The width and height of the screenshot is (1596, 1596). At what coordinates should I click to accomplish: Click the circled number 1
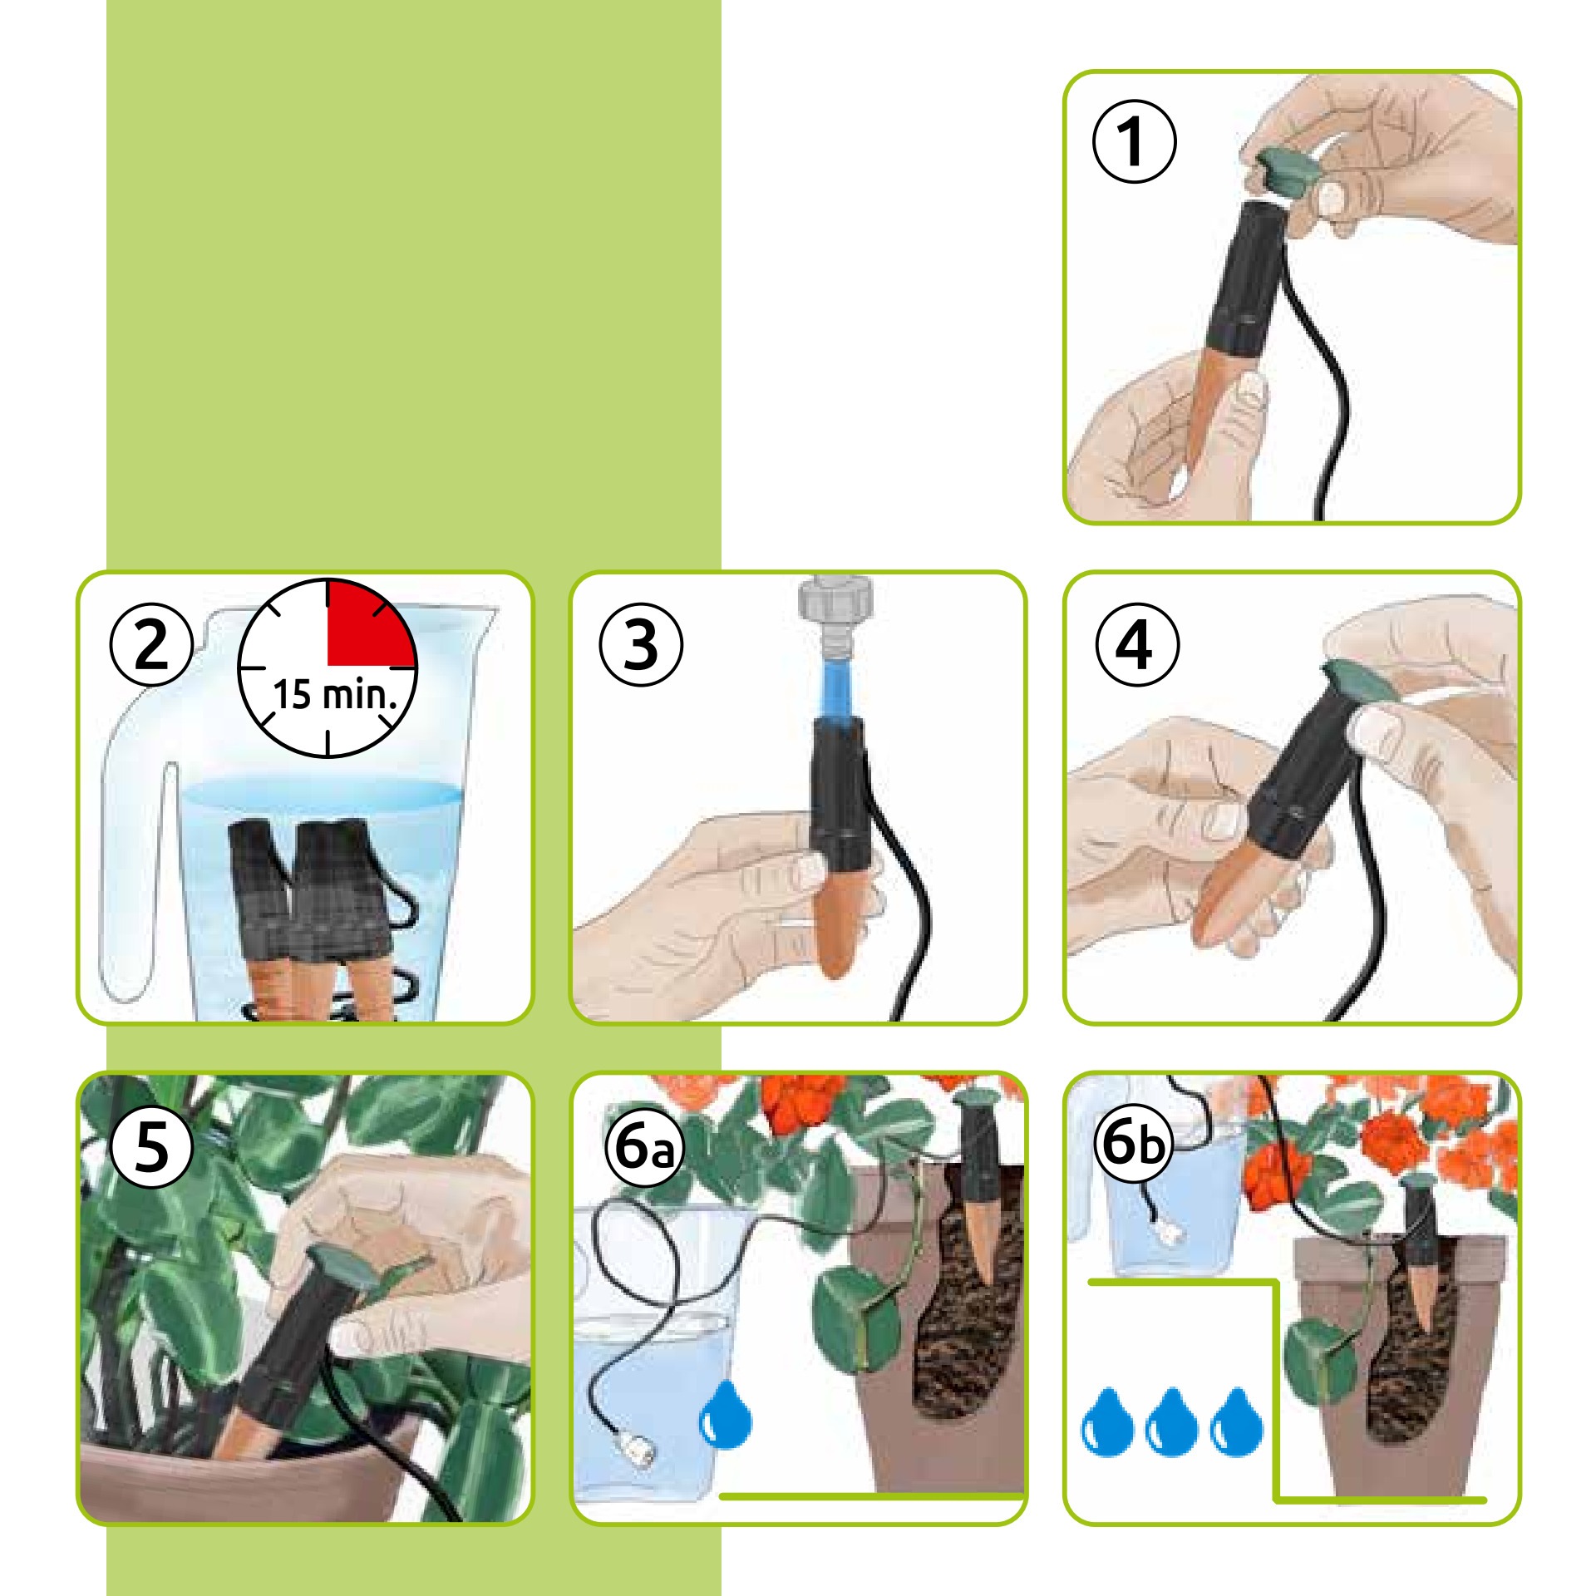tap(1134, 140)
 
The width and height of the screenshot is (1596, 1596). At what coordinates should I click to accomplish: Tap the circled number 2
tap(151, 645)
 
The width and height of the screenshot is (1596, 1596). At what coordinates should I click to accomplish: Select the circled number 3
tap(641, 645)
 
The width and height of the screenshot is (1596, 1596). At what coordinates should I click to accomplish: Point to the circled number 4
tap(1136, 645)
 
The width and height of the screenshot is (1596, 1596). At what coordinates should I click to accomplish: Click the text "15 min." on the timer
tap(342, 695)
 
